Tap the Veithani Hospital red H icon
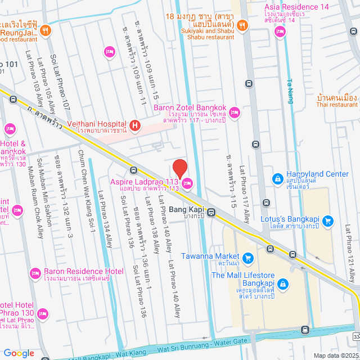134,125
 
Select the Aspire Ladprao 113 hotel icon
187,182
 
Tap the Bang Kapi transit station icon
211,213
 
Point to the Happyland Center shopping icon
277,179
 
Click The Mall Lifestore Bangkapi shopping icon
283,285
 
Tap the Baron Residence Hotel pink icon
35,272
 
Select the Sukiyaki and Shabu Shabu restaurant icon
241,25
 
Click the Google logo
19,353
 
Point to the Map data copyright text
335,355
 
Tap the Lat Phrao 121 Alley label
349,254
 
